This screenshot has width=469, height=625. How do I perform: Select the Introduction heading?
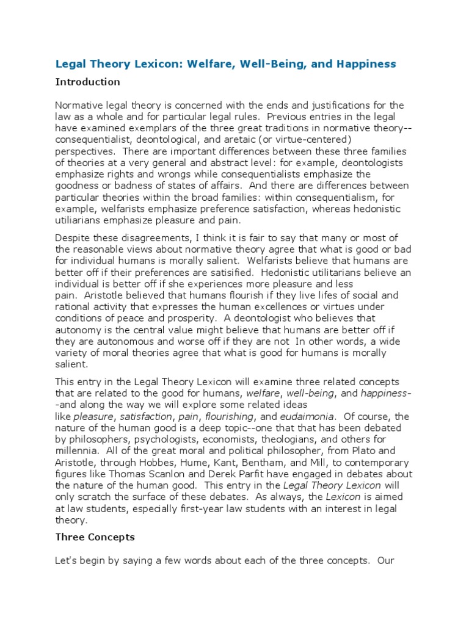[x=87, y=82]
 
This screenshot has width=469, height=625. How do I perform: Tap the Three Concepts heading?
[x=95, y=537]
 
